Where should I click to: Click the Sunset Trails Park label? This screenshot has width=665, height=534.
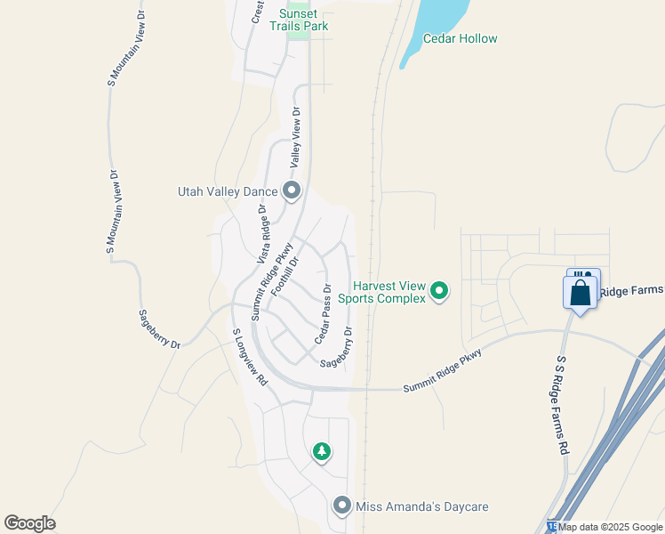tap(303, 20)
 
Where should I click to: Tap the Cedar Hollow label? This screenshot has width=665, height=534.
tap(460, 39)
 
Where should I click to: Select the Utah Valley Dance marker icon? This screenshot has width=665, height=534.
tap(292, 191)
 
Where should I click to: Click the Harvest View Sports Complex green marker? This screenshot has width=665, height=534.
tap(438, 291)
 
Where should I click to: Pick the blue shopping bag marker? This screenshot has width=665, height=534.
tap(580, 293)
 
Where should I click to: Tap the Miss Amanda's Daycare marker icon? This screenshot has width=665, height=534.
tap(342, 506)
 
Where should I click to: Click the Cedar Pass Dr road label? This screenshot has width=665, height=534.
tap(322, 315)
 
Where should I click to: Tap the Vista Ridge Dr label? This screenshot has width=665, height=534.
tap(262, 234)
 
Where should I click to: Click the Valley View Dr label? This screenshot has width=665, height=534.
tap(294, 138)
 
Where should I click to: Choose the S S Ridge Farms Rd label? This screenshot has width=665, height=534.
tap(562, 407)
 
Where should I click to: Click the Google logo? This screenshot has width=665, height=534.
tap(29, 523)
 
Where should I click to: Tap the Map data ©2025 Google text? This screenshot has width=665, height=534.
tap(611, 527)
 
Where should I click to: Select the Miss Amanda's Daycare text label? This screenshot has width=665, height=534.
tap(422, 507)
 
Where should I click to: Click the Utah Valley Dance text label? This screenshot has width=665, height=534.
tap(228, 191)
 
